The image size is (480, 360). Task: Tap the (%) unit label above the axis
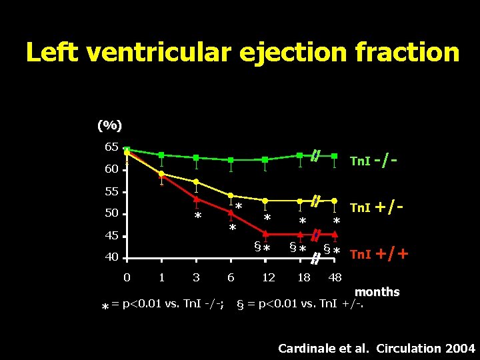click(109, 125)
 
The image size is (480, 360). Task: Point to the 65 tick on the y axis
click(111, 147)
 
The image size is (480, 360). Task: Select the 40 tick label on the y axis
click(111, 257)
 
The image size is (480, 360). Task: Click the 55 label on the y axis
click(111, 191)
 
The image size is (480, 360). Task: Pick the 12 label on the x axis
click(268, 277)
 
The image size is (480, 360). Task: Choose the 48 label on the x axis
click(335, 277)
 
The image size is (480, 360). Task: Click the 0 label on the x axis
click(127, 277)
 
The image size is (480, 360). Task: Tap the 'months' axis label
click(377, 292)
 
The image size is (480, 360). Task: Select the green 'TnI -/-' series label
click(375, 161)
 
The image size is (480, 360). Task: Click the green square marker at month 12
click(265, 159)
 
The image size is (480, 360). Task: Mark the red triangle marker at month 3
click(196, 199)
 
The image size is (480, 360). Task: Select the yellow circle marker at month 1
click(161, 173)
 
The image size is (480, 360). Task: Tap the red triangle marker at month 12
click(265, 233)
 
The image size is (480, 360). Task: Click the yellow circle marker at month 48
click(334, 200)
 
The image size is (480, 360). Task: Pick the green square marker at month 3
click(196, 157)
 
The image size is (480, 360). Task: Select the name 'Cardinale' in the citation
click(303, 348)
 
